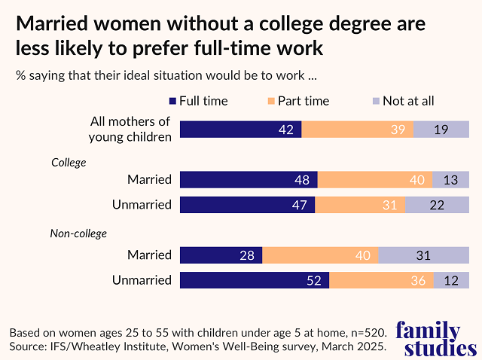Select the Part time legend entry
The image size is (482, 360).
pos(298,101)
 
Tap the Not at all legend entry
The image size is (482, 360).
pos(403,101)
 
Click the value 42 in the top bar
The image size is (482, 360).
pos(287,130)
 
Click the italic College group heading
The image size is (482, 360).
pos(69,162)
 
